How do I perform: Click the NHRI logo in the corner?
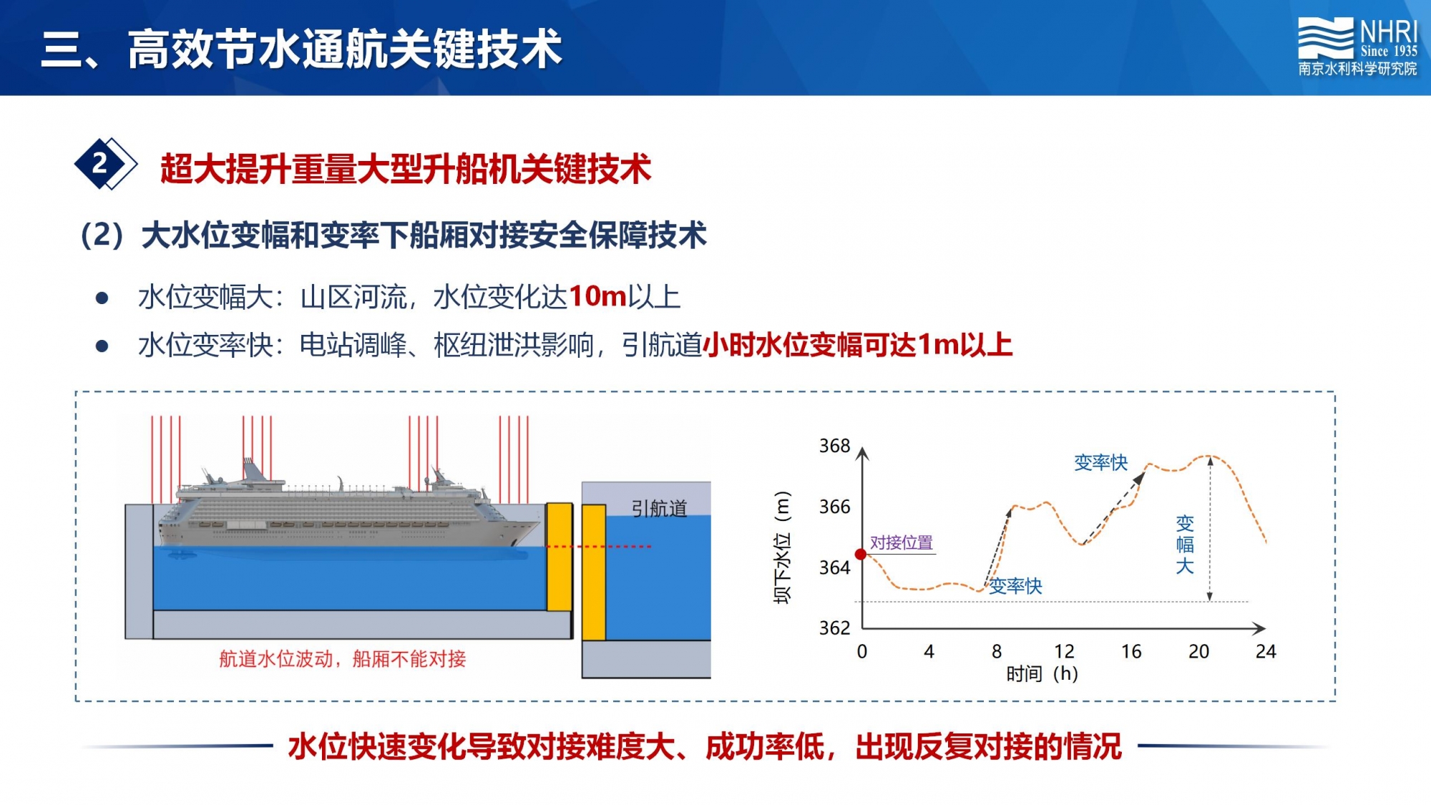[1357, 47]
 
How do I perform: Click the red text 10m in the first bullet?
[597, 296]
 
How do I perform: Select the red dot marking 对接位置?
[861, 555]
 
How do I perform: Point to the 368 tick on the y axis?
[834, 446]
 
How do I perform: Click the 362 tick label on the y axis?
[834, 628]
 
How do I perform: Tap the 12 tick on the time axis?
[1064, 651]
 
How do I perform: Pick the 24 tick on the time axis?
[1266, 651]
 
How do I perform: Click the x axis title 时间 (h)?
[1042, 673]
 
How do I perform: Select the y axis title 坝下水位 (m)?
[783, 547]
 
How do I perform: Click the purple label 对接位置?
[902, 543]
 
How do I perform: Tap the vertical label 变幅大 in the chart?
[1185, 545]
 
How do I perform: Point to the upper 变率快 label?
[1100, 463]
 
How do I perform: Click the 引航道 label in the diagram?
[659, 509]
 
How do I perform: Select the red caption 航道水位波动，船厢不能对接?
[342, 658]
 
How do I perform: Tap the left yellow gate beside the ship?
[560, 557]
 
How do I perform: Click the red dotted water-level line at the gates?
[598, 547]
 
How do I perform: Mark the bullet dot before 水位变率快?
[102, 346]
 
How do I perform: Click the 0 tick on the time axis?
[862, 651]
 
